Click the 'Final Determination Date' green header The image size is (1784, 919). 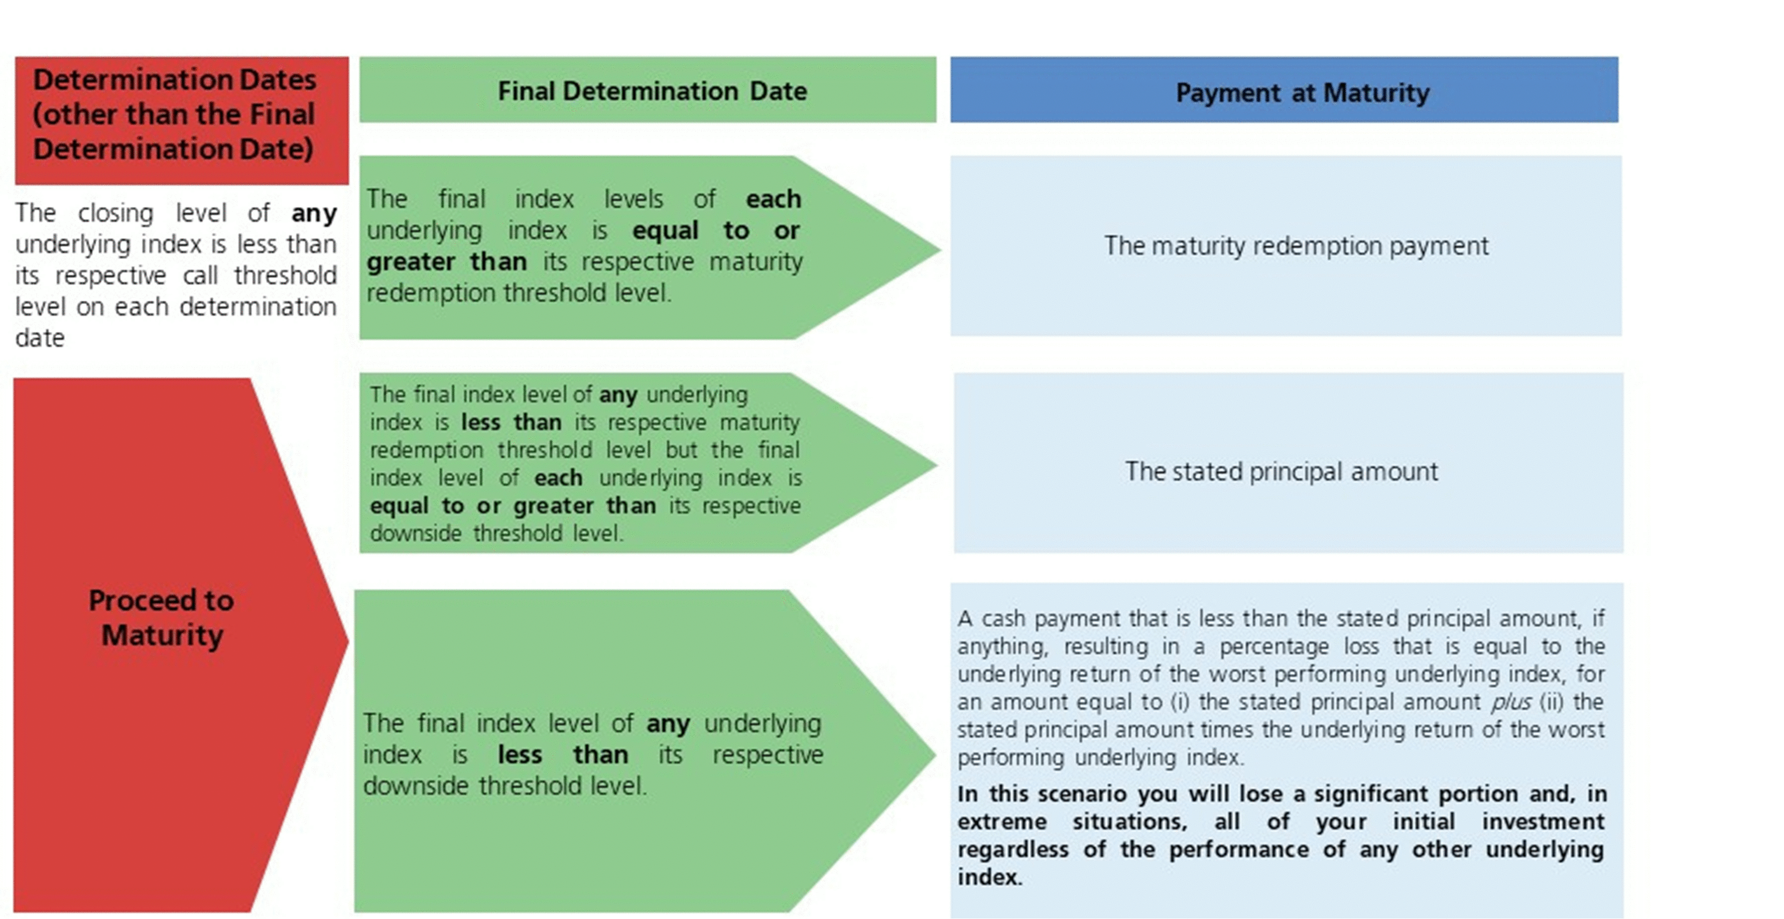(647, 90)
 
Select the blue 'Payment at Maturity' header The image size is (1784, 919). (1284, 90)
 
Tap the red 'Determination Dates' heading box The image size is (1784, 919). (182, 121)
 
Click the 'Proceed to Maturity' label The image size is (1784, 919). (161, 618)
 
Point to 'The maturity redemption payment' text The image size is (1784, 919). (1296, 246)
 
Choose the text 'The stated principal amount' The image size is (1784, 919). (1281, 471)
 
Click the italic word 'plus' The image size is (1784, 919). (1511, 702)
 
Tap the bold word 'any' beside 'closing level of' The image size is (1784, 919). (314, 213)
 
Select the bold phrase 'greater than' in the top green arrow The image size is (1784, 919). (446, 262)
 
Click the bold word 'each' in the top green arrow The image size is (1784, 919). (773, 199)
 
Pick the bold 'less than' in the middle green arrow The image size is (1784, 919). (511, 422)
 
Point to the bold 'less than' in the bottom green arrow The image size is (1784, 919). (563, 755)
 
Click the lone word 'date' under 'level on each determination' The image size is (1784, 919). (40, 338)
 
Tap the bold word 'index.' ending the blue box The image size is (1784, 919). (990, 877)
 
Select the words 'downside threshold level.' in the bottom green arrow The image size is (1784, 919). (505, 786)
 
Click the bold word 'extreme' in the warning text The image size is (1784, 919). (1002, 822)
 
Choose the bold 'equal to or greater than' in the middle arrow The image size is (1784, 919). (512, 506)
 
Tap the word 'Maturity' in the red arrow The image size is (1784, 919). (162, 636)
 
